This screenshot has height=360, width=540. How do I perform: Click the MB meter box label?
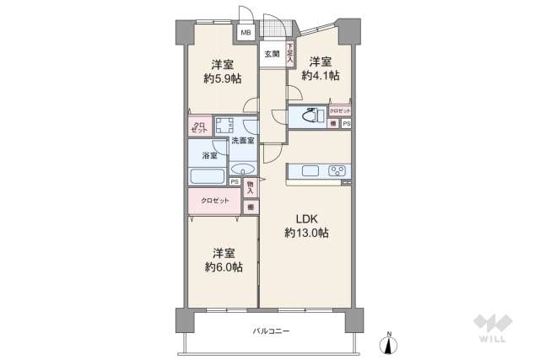246,33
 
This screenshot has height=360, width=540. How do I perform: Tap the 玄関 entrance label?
272,54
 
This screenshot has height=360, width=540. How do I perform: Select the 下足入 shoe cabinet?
289,56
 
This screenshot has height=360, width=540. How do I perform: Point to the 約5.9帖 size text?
223,78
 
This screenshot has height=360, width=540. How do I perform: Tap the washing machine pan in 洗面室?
224,126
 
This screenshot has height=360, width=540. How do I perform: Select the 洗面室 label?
243,141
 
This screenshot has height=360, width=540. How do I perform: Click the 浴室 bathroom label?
208,156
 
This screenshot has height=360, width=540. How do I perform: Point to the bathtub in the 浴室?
207,177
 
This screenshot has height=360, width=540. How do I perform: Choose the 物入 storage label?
251,187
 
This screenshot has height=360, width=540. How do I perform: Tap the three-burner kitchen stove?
337,171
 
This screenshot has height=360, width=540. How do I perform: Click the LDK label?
305,218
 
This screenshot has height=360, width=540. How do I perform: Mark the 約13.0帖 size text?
305,233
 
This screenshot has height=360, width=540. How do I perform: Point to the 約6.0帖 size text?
223,266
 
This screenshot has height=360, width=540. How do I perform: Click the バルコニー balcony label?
271,331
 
